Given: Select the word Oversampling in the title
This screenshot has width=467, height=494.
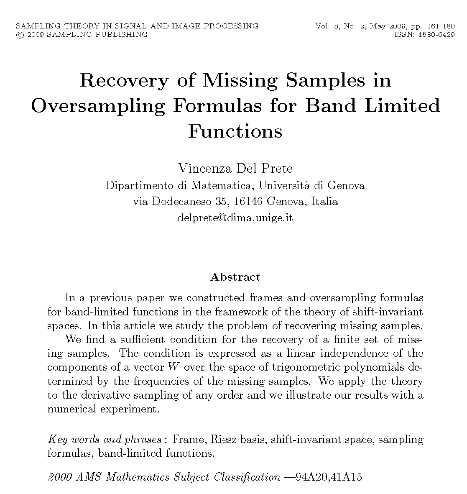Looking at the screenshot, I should point(98,106).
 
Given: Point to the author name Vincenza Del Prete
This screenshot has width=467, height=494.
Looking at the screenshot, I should point(235,168).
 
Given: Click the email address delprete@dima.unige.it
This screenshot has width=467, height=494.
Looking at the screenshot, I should point(235,218).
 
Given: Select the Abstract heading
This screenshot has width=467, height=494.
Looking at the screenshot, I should point(235,277).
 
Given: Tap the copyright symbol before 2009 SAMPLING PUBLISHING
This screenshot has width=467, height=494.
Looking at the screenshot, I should point(19,35).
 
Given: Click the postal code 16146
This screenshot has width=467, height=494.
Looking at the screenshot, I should point(248,202).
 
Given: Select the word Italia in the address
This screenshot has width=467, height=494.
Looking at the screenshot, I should point(324,202).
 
